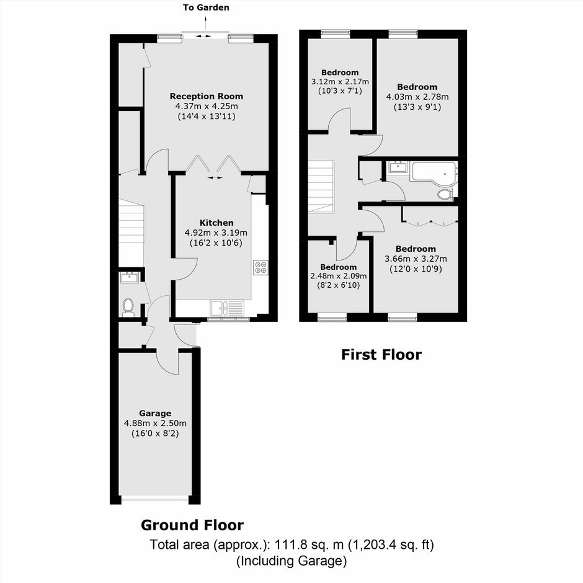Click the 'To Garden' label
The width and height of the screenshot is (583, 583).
pyautogui.click(x=206, y=7)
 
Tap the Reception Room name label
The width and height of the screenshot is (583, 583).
pyautogui.click(x=207, y=96)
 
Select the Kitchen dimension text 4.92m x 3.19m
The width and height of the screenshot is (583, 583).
pyautogui.click(x=216, y=233)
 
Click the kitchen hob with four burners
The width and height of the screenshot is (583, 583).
pyautogui.click(x=260, y=267)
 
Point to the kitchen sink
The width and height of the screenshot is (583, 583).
pyautogui.click(x=227, y=308)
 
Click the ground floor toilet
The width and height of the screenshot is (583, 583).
pyautogui.click(x=128, y=307)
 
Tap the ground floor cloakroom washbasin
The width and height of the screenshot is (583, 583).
pyautogui.click(x=130, y=277)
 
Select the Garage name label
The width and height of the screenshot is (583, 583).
pyautogui.click(x=155, y=414)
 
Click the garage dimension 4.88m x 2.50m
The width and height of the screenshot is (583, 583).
pyautogui.click(x=155, y=424)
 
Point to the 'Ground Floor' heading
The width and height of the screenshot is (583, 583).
pyautogui.click(x=192, y=525)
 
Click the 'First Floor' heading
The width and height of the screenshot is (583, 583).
pyautogui.click(x=381, y=355)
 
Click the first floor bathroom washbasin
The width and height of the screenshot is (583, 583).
pyautogui.click(x=398, y=167)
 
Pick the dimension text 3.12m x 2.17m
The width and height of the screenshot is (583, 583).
pyautogui.click(x=340, y=82)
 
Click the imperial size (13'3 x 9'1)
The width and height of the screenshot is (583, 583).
pyautogui.click(x=417, y=107)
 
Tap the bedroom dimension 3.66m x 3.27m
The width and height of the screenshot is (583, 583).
pyautogui.click(x=416, y=259)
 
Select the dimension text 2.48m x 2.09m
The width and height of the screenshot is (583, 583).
pyautogui.click(x=339, y=276)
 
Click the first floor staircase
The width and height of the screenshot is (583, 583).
pyautogui.click(x=321, y=187)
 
